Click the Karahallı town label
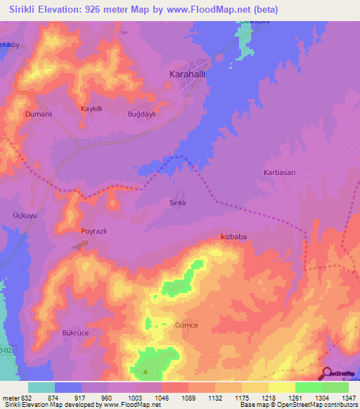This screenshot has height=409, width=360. click(188, 74)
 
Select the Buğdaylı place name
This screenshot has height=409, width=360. click(141, 114)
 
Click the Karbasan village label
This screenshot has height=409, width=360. click(279, 172)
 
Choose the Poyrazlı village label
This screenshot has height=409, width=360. click(95, 231)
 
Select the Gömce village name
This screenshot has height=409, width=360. click(186, 325)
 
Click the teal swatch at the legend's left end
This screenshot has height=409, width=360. click(41, 387)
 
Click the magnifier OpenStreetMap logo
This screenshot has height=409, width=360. click(326, 373)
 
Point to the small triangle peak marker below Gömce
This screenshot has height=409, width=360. click(146, 371)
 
